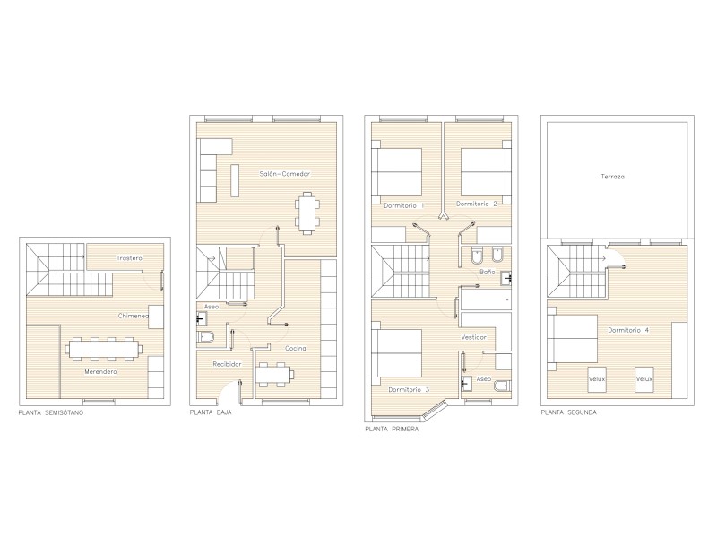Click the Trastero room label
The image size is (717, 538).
pos(129,258)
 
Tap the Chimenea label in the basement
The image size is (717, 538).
pos(133,316)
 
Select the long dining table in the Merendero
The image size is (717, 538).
pos(104,350)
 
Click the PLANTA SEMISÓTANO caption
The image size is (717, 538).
pos(51,412)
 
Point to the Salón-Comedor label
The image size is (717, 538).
pos(284,174)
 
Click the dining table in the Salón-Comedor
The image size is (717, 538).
pos(307,213)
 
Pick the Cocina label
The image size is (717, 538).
pos(296,348)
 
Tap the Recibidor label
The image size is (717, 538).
pos(227,364)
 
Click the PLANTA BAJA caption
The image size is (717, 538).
pos(211,412)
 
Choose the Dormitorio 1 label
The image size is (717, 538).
pos(404,205)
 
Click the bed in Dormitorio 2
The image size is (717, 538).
pos(486,172)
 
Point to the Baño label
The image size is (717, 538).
pos(487,272)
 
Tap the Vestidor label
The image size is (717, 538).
pos(474,337)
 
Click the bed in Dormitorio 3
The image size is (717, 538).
pos(396,353)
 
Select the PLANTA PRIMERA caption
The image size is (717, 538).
pos(392,430)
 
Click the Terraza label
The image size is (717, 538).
pos(613,176)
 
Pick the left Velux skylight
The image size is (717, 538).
pos(597,379)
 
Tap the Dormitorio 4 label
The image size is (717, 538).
pos(628,330)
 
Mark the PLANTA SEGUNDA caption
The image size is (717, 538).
pos(569,412)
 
